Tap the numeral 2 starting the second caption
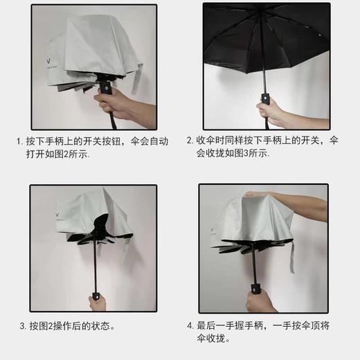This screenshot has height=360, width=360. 190,141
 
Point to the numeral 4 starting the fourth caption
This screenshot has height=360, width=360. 190,325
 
